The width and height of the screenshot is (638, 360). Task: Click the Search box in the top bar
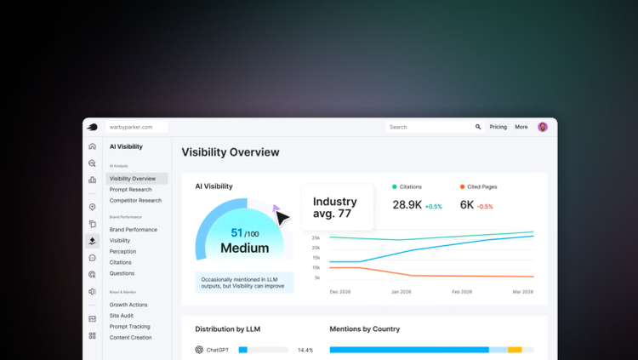(430, 127)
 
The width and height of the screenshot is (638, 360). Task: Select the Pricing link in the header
(498, 127)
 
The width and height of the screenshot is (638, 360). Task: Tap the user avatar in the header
(543, 127)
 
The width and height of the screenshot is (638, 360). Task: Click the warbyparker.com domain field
(136, 127)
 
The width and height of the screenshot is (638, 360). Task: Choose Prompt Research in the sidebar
(130, 190)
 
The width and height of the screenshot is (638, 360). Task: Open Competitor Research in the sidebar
(135, 201)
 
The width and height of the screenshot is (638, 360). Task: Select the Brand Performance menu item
(133, 230)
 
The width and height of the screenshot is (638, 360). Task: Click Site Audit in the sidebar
(122, 316)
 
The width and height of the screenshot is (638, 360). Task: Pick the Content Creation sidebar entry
(130, 338)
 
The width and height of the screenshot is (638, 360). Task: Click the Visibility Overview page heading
(231, 152)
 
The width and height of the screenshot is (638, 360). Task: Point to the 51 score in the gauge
(236, 232)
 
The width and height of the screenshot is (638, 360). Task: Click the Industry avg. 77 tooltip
(337, 208)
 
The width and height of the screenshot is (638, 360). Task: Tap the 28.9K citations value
(407, 205)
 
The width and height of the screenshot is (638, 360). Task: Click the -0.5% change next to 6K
(485, 207)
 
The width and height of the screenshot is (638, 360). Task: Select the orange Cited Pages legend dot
(462, 186)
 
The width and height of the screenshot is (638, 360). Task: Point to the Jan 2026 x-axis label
(401, 292)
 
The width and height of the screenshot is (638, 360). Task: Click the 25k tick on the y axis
(316, 237)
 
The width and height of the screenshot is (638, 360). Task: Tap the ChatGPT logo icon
(199, 350)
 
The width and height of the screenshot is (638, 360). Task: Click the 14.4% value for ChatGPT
(305, 350)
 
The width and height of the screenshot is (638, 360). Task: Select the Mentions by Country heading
(364, 329)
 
